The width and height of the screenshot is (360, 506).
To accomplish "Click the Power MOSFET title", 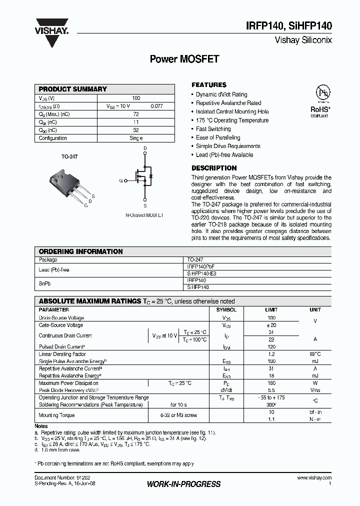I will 184,59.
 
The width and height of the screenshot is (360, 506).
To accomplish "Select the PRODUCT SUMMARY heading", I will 73,89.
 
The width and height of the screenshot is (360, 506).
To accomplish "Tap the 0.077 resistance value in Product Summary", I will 157,106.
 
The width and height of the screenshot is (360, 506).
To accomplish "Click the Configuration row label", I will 53,138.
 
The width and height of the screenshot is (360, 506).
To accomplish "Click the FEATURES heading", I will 209,85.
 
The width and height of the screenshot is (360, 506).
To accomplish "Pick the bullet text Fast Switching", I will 213,129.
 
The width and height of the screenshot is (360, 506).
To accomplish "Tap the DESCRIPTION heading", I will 214,168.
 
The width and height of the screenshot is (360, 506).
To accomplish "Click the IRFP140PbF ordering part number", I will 200,267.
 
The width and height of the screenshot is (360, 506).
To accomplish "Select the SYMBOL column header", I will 226,310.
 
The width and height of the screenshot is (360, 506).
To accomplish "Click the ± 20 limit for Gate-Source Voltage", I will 271,325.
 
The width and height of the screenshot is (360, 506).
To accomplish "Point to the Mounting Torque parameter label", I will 57,415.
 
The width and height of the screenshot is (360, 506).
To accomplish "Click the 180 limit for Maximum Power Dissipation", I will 271,383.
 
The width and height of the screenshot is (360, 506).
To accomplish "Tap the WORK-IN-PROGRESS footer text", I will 184,484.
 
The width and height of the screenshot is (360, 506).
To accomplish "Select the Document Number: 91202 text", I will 56,478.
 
